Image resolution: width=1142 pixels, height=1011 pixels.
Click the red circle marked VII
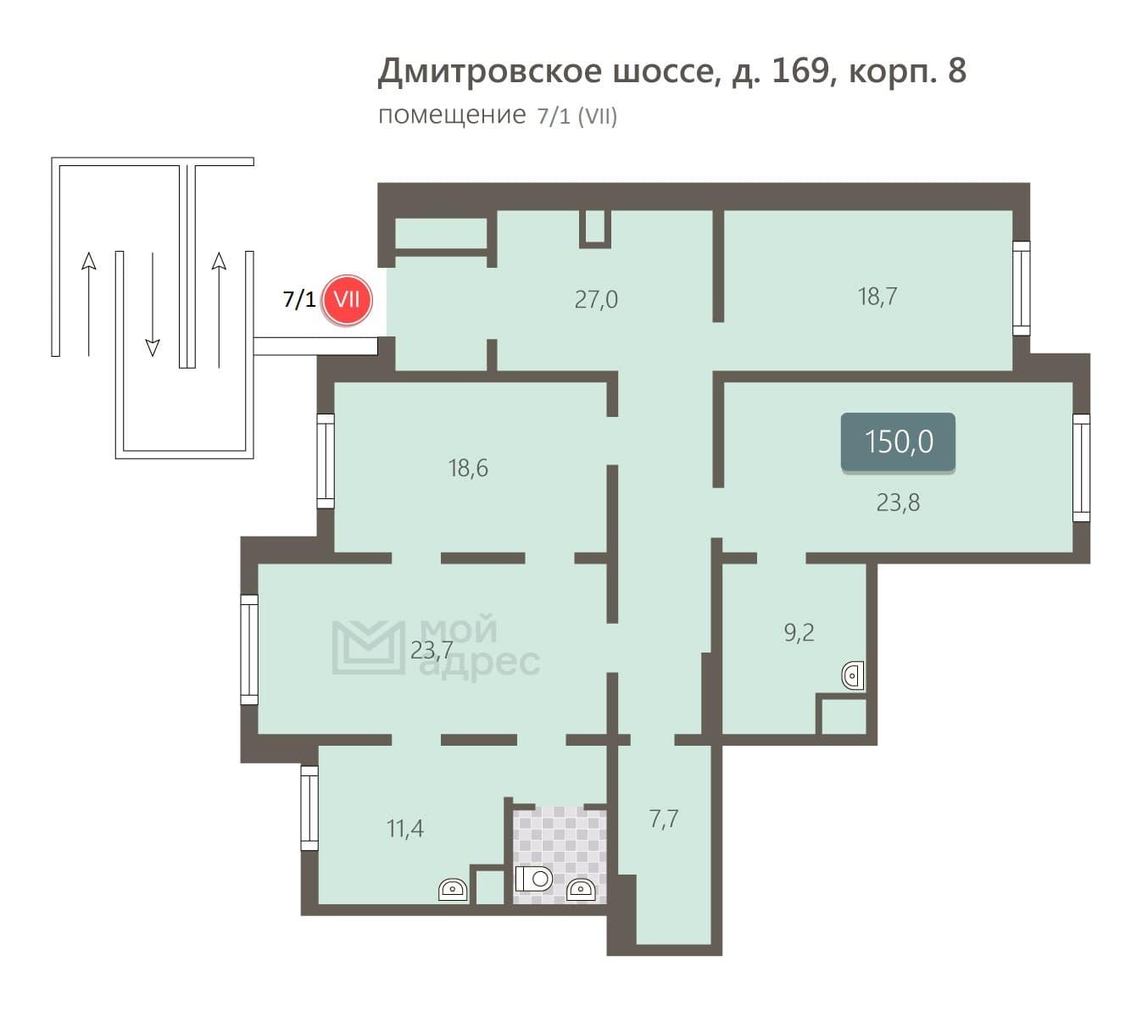click(346, 300)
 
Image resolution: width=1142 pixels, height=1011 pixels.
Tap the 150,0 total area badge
click(897, 442)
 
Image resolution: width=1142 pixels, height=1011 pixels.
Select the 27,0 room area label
click(596, 299)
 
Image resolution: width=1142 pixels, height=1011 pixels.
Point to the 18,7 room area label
click(877, 297)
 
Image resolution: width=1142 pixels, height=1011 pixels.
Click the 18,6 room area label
click(468, 468)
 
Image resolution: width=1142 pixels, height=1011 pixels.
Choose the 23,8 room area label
click(897, 503)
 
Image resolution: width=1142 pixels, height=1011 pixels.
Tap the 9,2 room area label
click(799, 632)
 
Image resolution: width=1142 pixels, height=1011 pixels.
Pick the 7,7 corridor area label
click(664, 819)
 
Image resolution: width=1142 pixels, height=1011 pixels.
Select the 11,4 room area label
click(404, 829)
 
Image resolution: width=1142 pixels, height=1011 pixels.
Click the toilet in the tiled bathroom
click(533, 878)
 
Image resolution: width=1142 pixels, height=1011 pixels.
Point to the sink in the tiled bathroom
click(580, 890)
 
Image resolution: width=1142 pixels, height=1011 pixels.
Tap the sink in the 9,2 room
click(852, 675)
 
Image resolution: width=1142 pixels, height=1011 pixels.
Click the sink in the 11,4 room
click(453, 889)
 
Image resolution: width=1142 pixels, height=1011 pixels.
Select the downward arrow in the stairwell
click(153, 304)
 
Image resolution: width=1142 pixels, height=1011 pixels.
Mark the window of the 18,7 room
click(1021, 288)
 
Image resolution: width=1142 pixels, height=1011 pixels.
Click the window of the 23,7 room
click(249, 649)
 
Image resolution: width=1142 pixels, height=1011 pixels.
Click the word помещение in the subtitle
click(452, 115)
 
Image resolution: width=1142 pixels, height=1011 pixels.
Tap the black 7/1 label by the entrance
click(298, 299)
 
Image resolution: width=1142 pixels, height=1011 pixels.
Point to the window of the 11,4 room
click(309, 808)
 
